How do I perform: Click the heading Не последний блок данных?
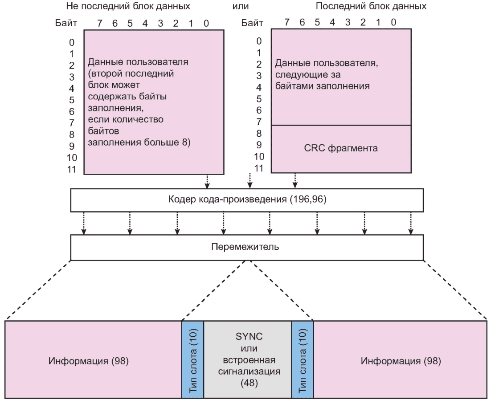point(128,6)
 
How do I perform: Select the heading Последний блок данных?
point(371,6)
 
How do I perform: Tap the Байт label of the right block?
point(253,22)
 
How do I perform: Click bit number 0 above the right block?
point(394,22)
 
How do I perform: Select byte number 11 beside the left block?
point(73,169)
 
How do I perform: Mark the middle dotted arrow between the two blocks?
point(250,180)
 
